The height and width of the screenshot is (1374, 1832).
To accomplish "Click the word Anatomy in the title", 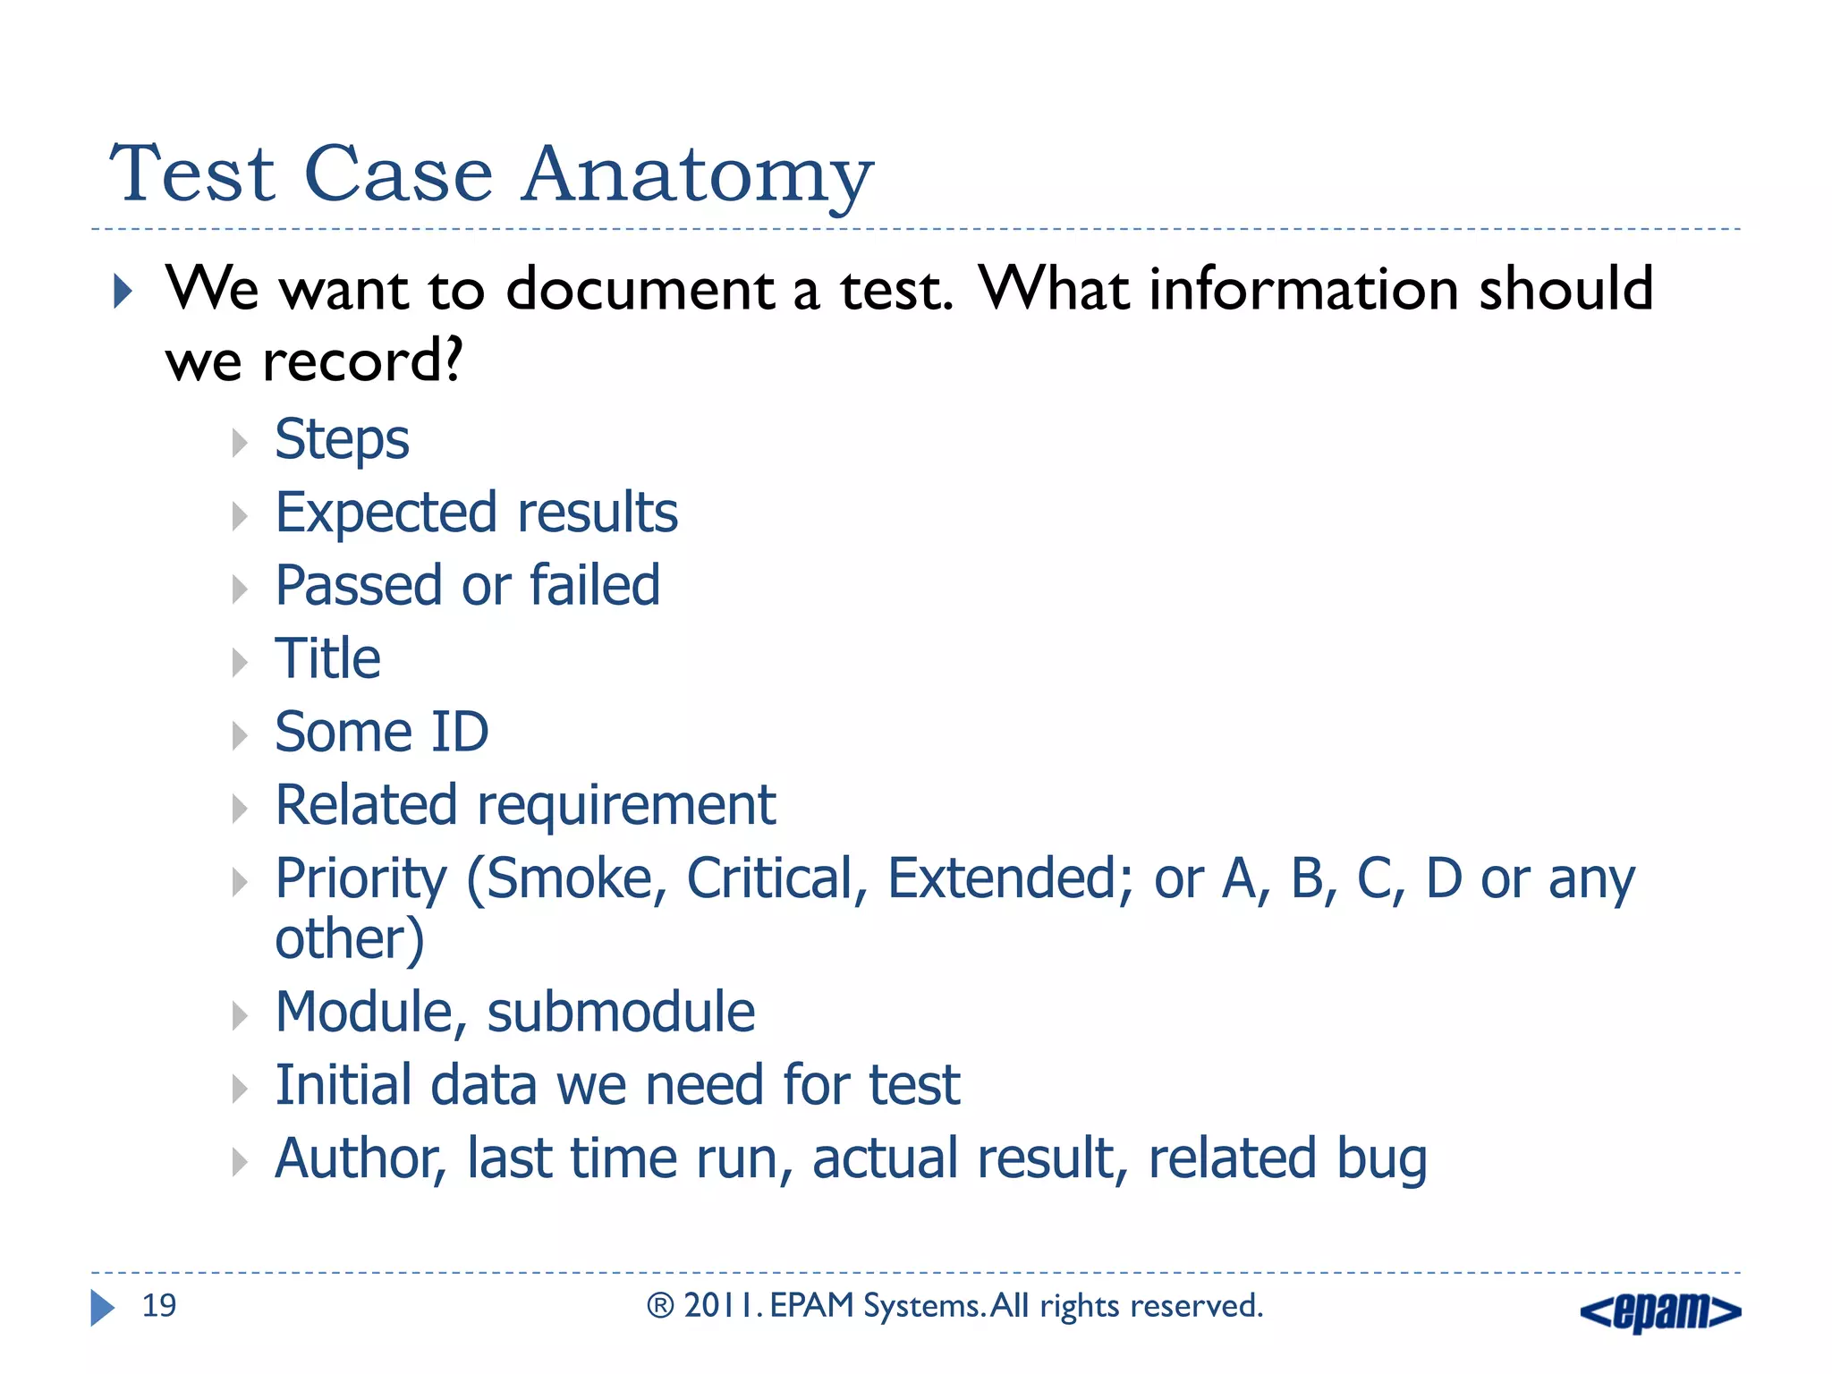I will pyautogui.click(x=697, y=174).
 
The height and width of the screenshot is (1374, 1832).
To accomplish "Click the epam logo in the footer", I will pyautogui.click(x=1660, y=1311).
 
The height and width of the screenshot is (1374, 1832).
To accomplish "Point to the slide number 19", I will pyautogui.click(x=159, y=1306).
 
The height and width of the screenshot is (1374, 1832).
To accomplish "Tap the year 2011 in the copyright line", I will pyautogui.click(x=722, y=1306).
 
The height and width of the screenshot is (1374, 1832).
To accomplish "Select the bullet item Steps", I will pyautogui.click(x=342, y=440).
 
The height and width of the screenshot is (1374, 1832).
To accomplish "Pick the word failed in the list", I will pyautogui.click(x=595, y=586).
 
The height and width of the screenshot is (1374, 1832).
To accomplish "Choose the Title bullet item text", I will pyautogui.click(x=327, y=659).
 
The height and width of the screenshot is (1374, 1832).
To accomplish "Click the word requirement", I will pyautogui.click(x=626, y=806).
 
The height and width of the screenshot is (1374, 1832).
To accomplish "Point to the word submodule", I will pyautogui.click(x=621, y=1013).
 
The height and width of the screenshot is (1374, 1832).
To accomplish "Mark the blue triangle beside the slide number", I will pyautogui.click(x=102, y=1308).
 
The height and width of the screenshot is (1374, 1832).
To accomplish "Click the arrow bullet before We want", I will pyautogui.click(x=123, y=292).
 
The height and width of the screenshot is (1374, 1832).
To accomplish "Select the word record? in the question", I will pyautogui.click(x=362, y=362).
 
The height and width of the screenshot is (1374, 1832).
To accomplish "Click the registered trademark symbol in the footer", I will pyautogui.click(x=660, y=1307).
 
